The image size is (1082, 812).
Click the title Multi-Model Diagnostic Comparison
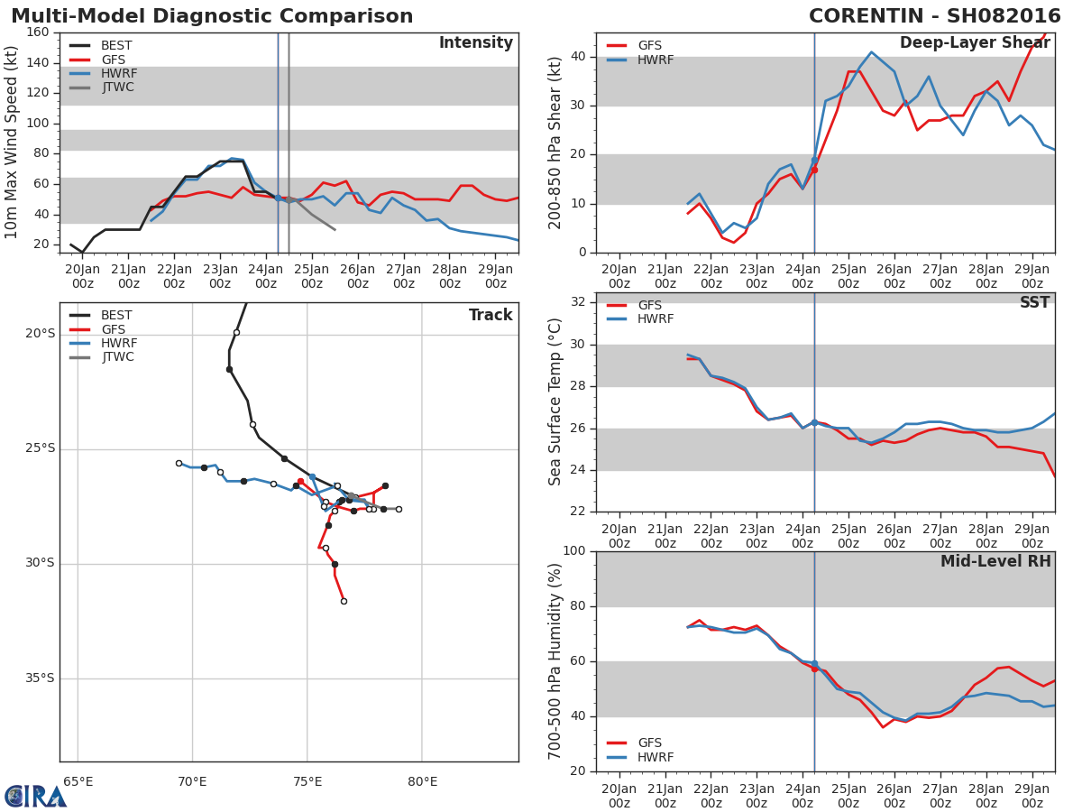(212, 16)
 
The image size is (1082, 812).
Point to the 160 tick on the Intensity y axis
(38, 32)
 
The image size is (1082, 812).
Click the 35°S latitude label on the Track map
(40, 678)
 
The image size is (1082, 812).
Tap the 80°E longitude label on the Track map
(422, 781)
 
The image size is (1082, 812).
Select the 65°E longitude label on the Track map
(78, 781)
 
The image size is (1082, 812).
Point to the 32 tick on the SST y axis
(578, 302)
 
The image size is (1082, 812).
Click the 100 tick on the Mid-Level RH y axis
(573, 551)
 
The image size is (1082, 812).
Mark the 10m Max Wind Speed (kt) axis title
(13, 143)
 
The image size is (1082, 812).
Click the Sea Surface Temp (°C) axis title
(555, 402)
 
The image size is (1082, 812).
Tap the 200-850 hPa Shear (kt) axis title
(555, 143)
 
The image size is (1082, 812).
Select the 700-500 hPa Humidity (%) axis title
(555, 661)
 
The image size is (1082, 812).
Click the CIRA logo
(35, 797)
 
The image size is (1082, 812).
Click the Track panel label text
(491, 316)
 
